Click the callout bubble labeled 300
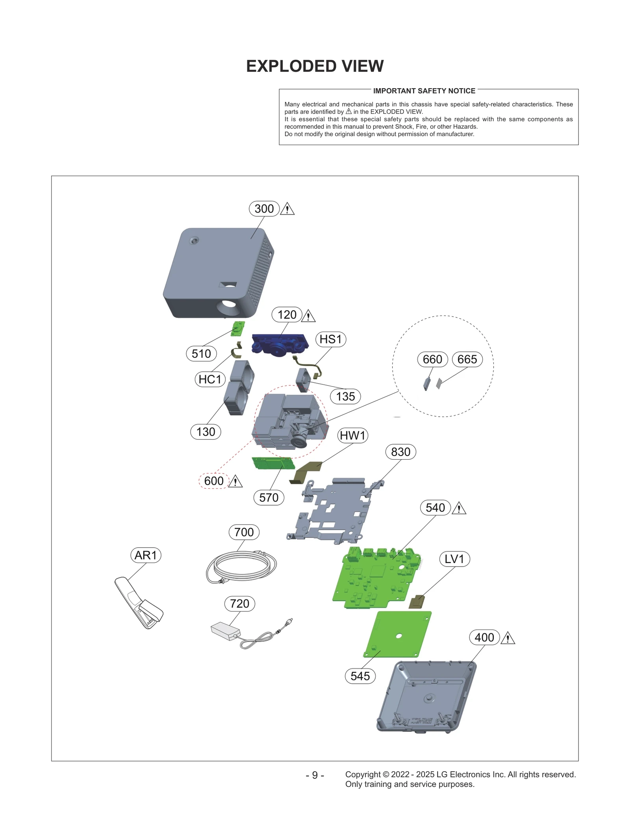[264, 209]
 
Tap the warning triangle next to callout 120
[308, 316]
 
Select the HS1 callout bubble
[330, 339]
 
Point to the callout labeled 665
[467, 359]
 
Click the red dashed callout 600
[214, 481]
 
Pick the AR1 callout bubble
[146, 555]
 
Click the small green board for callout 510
[237, 329]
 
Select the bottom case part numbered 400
[427, 696]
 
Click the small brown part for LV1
[417, 602]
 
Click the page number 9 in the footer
[315, 775]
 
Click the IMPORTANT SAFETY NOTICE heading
[424, 91]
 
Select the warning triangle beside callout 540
[459, 509]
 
